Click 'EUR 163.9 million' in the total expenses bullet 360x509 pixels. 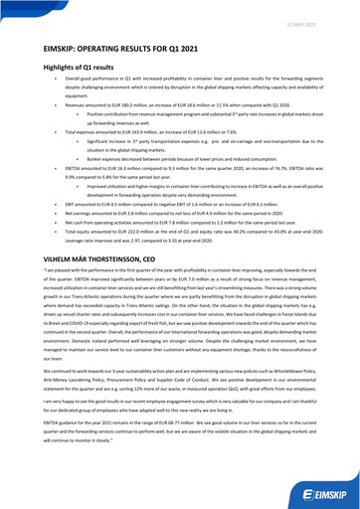(127, 131)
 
